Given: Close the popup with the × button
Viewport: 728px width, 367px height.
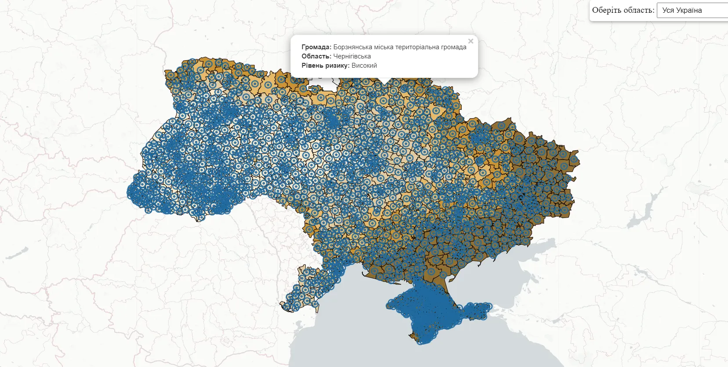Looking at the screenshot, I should (x=471, y=41).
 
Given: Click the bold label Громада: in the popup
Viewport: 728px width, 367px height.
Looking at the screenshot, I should (x=316, y=47).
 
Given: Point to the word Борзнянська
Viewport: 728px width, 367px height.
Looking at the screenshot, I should (x=353, y=47).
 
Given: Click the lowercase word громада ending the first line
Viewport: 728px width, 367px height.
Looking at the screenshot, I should (x=454, y=47).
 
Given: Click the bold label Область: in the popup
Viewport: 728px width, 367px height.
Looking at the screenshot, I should (x=316, y=56).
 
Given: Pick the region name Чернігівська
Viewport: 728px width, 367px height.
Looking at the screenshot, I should (x=352, y=56).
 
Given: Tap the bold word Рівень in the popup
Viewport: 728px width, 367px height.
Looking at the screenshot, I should (x=312, y=65).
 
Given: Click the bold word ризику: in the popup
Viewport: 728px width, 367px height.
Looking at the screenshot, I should (x=337, y=65).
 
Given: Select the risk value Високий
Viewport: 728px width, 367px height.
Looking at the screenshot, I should (x=364, y=65).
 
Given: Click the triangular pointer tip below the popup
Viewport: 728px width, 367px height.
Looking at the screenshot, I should (x=384, y=81).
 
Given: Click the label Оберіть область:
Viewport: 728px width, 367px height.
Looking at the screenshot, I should (x=623, y=10).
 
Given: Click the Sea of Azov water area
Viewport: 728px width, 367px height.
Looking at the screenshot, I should (x=510, y=268).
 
